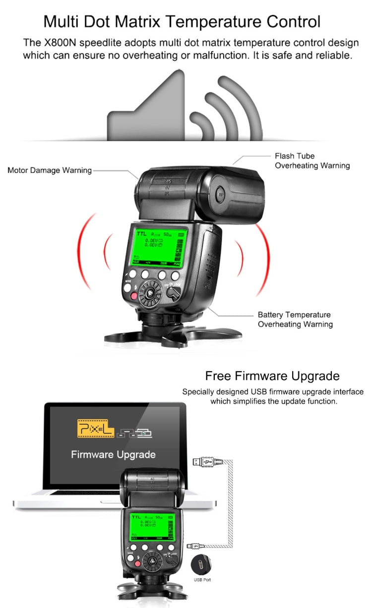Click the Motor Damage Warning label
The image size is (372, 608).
[x=50, y=170]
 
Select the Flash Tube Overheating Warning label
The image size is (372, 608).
[x=312, y=161]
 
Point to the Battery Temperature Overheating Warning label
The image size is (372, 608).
[x=295, y=320]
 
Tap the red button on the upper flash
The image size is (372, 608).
[x=133, y=296]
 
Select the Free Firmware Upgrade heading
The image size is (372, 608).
[x=272, y=376]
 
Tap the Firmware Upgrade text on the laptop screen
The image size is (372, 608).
[x=113, y=454]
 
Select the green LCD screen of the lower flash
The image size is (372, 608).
[x=153, y=527]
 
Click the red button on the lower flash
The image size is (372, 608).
[x=131, y=565]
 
